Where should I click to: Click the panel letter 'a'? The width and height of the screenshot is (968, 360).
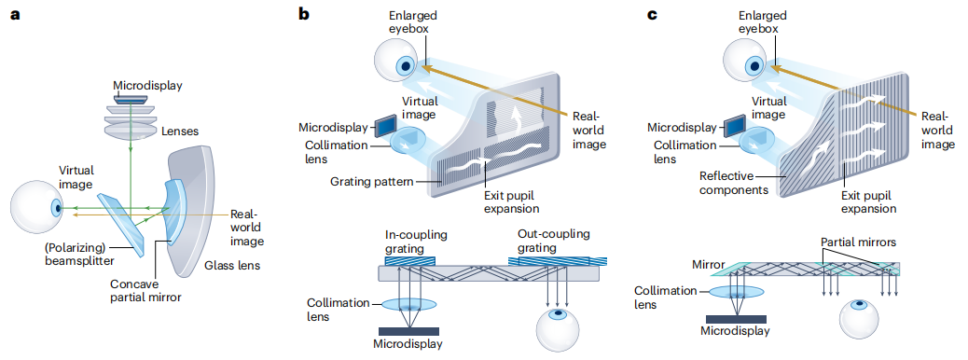[x=15, y=14]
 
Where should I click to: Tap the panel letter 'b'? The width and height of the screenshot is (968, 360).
[x=304, y=12]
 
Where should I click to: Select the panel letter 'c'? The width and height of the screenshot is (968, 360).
[x=651, y=14]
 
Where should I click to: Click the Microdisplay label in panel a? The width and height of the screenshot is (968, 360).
[x=148, y=86]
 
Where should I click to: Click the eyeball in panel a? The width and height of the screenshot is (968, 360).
[x=38, y=209]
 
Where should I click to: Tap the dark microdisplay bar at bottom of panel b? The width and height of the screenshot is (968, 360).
[x=408, y=331]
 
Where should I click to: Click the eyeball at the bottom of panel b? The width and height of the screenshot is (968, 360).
[x=558, y=329]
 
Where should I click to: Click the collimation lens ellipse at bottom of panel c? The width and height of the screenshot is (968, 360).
[x=735, y=292]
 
